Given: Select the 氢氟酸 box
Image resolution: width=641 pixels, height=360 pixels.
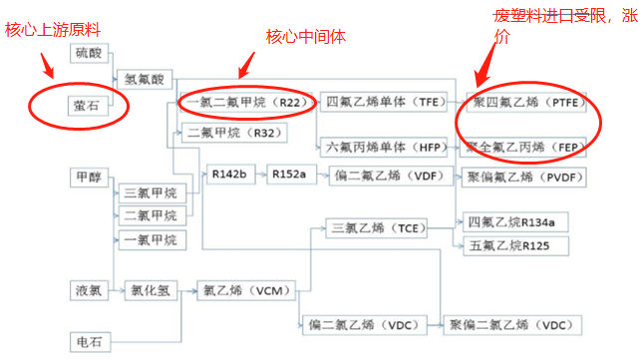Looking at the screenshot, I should pos(148,78).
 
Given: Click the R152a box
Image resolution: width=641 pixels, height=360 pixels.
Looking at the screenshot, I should pos(290,175).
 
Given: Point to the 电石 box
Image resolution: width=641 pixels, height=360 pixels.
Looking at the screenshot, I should pos(89,341).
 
